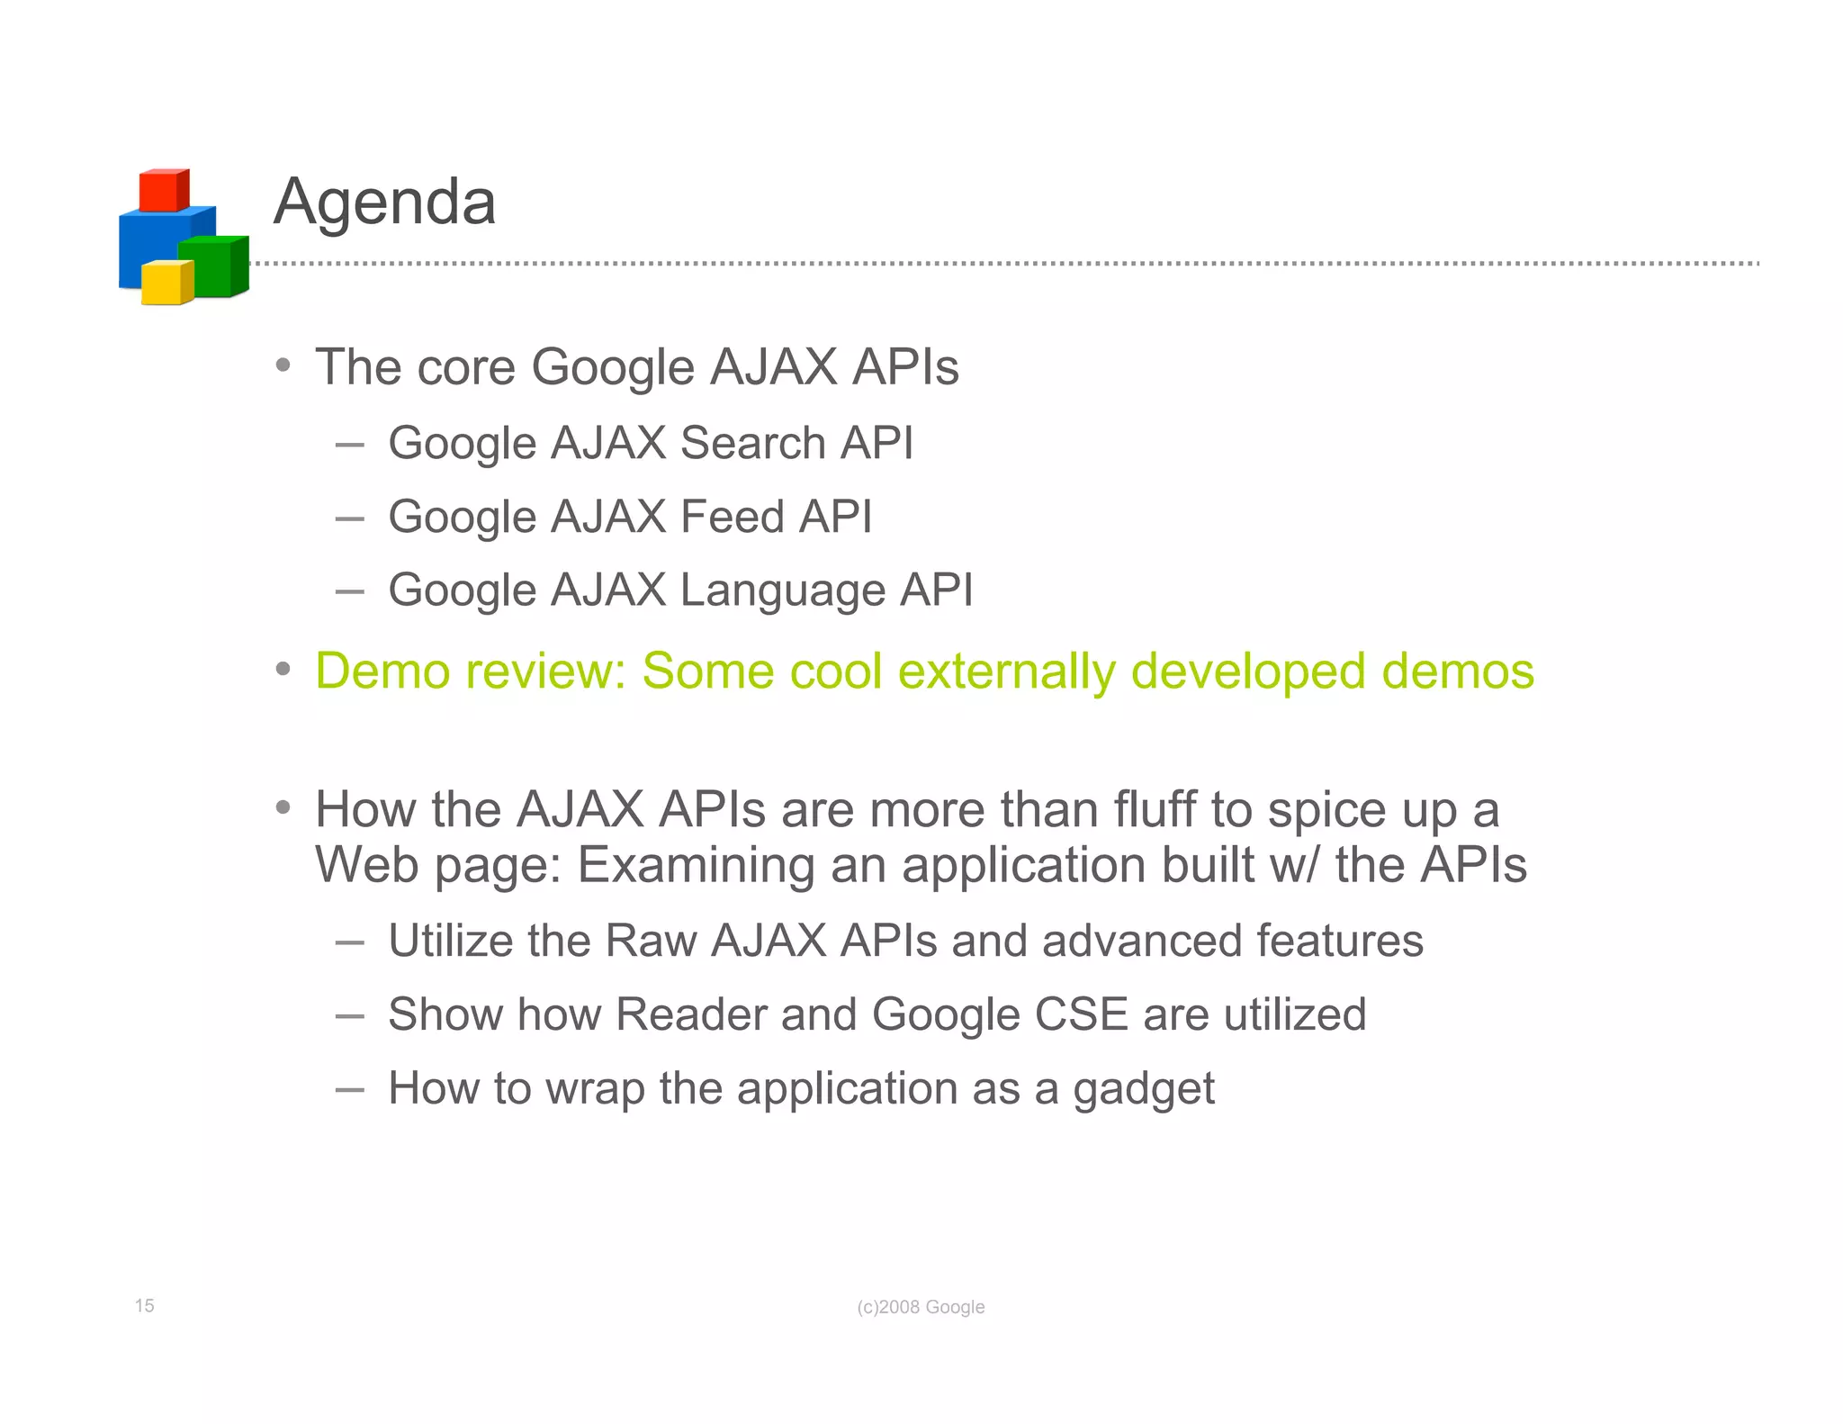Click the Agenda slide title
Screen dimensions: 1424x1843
[x=384, y=203]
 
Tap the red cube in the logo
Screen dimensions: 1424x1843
[x=163, y=190]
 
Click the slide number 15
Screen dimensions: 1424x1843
[x=144, y=1305]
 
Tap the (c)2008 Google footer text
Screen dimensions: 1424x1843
[x=921, y=1307]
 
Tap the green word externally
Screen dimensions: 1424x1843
[x=1006, y=671]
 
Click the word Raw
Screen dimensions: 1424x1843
[x=651, y=941]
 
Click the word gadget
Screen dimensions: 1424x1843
[x=1143, y=1089]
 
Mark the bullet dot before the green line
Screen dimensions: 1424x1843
[x=283, y=669]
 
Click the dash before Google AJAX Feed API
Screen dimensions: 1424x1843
[x=349, y=518]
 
